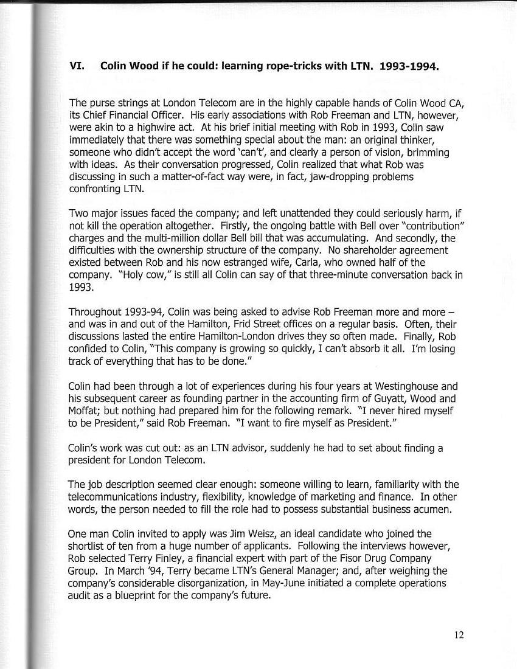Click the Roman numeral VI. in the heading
(x=77, y=65)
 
